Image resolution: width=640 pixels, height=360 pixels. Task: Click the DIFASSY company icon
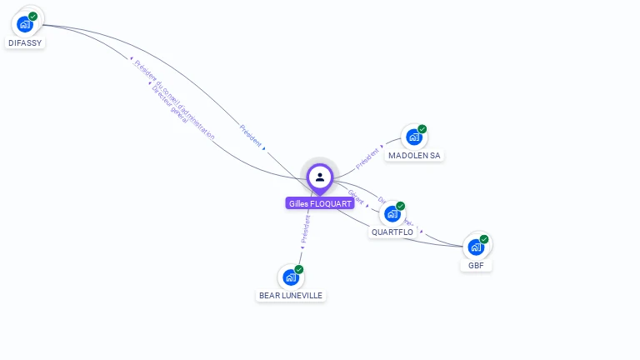25,24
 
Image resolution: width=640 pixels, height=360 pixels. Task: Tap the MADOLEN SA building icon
413,137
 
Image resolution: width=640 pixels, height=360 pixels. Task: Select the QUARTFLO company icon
392,214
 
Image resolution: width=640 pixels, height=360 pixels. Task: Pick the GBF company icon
475,247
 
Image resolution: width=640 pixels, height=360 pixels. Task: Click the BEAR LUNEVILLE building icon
290,277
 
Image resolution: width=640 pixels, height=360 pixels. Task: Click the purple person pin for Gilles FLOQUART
320,177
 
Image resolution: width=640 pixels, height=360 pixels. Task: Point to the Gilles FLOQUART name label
320,203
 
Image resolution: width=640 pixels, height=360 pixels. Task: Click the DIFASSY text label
25,42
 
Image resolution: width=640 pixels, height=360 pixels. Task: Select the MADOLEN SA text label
414,156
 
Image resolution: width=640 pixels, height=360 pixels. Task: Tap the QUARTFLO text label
392,232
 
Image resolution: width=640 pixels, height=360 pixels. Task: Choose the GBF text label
476,266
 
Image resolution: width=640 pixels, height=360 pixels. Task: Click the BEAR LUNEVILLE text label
290,296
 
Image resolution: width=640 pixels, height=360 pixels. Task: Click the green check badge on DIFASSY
33,16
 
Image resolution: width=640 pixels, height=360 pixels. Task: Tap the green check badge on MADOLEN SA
422,129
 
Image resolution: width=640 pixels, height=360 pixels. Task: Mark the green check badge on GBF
484,239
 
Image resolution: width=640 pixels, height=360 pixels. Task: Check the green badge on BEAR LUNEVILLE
299,269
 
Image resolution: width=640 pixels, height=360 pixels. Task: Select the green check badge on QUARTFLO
401,206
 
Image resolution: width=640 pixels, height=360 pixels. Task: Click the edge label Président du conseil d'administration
174,99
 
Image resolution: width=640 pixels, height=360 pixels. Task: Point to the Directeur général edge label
170,104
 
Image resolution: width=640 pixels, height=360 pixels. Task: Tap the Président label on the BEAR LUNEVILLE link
305,228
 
